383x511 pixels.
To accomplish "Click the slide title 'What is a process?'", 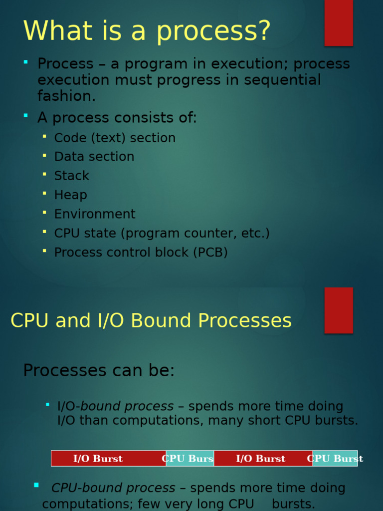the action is coord(147,31).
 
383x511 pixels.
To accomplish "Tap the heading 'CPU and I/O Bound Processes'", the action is coord(151,320).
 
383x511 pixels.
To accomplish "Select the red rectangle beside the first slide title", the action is coord(339,23).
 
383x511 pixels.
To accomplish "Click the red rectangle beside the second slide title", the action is coord(339,310).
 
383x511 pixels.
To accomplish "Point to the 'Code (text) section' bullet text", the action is coord(115,138).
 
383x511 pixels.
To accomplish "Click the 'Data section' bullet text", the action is coord(94,156).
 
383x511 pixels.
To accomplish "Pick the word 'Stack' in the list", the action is coord(72,176).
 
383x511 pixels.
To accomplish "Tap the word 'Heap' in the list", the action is coord(71,195).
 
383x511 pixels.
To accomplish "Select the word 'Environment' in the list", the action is coord(95,214).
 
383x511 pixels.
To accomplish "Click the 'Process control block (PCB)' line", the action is coord(141,252).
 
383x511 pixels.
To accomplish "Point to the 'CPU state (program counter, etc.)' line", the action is coord(162,234).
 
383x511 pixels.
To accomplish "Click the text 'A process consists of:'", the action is coord(117,117).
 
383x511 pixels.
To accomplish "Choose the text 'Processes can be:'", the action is coord(99,370).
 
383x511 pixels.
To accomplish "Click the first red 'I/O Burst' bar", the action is coord(108,458).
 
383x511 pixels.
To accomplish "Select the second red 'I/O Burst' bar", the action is coord(263,458).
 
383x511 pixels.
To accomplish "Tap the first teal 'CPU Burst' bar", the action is coord(190,458).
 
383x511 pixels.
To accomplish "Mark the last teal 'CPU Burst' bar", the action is coord(335,458).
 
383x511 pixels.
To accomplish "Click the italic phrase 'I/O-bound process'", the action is coord(116,406).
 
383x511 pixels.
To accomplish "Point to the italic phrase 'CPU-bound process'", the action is coord(113,488).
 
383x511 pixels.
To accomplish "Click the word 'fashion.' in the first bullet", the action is coord(66,96).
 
